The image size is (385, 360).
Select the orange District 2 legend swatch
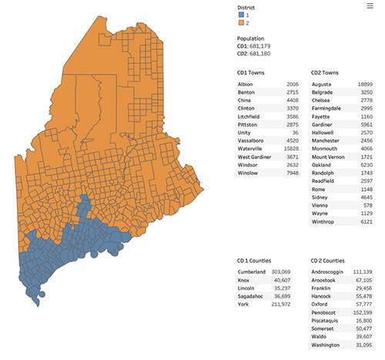241,23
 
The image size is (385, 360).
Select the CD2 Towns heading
326,72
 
